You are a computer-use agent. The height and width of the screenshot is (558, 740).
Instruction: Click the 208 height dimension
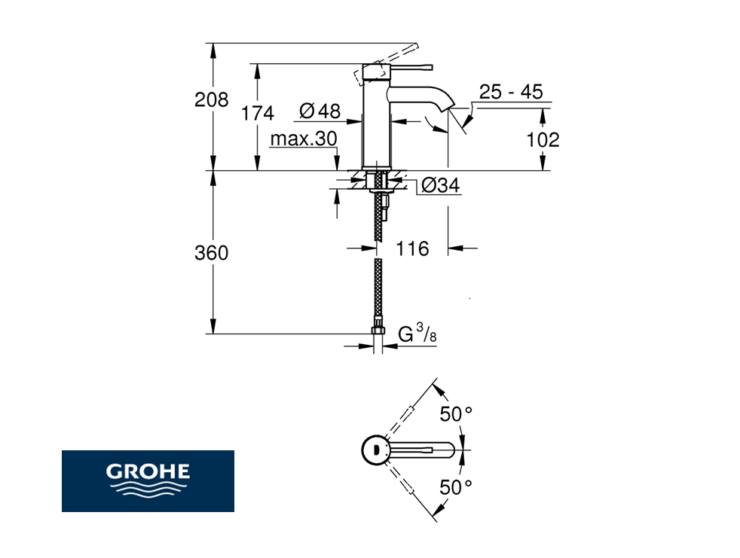(212, 100)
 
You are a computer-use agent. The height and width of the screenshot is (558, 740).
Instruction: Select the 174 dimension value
(258, 114)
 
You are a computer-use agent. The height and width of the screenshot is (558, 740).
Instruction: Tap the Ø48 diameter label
(320, 111)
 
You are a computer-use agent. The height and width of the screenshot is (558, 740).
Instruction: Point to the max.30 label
(304, 139)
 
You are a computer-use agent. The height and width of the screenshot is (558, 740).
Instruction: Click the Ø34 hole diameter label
(440, 185)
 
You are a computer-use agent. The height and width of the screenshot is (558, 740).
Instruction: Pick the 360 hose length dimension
(212, 253)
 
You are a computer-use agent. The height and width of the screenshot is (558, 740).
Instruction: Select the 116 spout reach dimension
(412, 249)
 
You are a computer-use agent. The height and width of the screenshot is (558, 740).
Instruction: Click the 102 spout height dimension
(543, 139)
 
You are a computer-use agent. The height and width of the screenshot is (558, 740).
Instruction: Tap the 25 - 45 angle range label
(511, 92)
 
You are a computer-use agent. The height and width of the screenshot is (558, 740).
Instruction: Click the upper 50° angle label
(456, 414)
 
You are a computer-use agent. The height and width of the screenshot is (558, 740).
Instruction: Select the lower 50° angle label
(456, 487)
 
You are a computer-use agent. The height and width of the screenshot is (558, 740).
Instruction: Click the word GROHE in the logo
(148, 471)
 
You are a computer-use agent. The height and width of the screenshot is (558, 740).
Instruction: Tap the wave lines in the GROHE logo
(148, 488)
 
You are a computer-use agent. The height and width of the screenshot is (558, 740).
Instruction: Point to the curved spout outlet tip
(446, 108)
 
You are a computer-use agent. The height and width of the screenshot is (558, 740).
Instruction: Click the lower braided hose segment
(378, 291)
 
